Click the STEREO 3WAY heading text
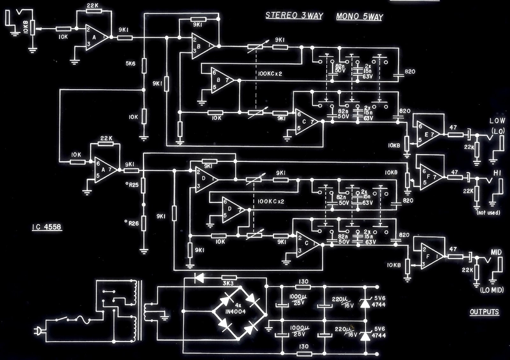[294, 16]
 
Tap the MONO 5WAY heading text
[359, 17]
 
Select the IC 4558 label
[47, 227]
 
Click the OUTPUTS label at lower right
[484, 312]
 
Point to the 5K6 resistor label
[130, 63]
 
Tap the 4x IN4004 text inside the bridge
[235, 309]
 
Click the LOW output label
[497, 121]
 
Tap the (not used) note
[488, 212]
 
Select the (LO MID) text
[492, 290]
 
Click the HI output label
[497, 173]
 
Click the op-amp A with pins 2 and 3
[96, 37]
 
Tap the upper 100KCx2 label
[270, 74]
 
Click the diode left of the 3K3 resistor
[200, 278]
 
